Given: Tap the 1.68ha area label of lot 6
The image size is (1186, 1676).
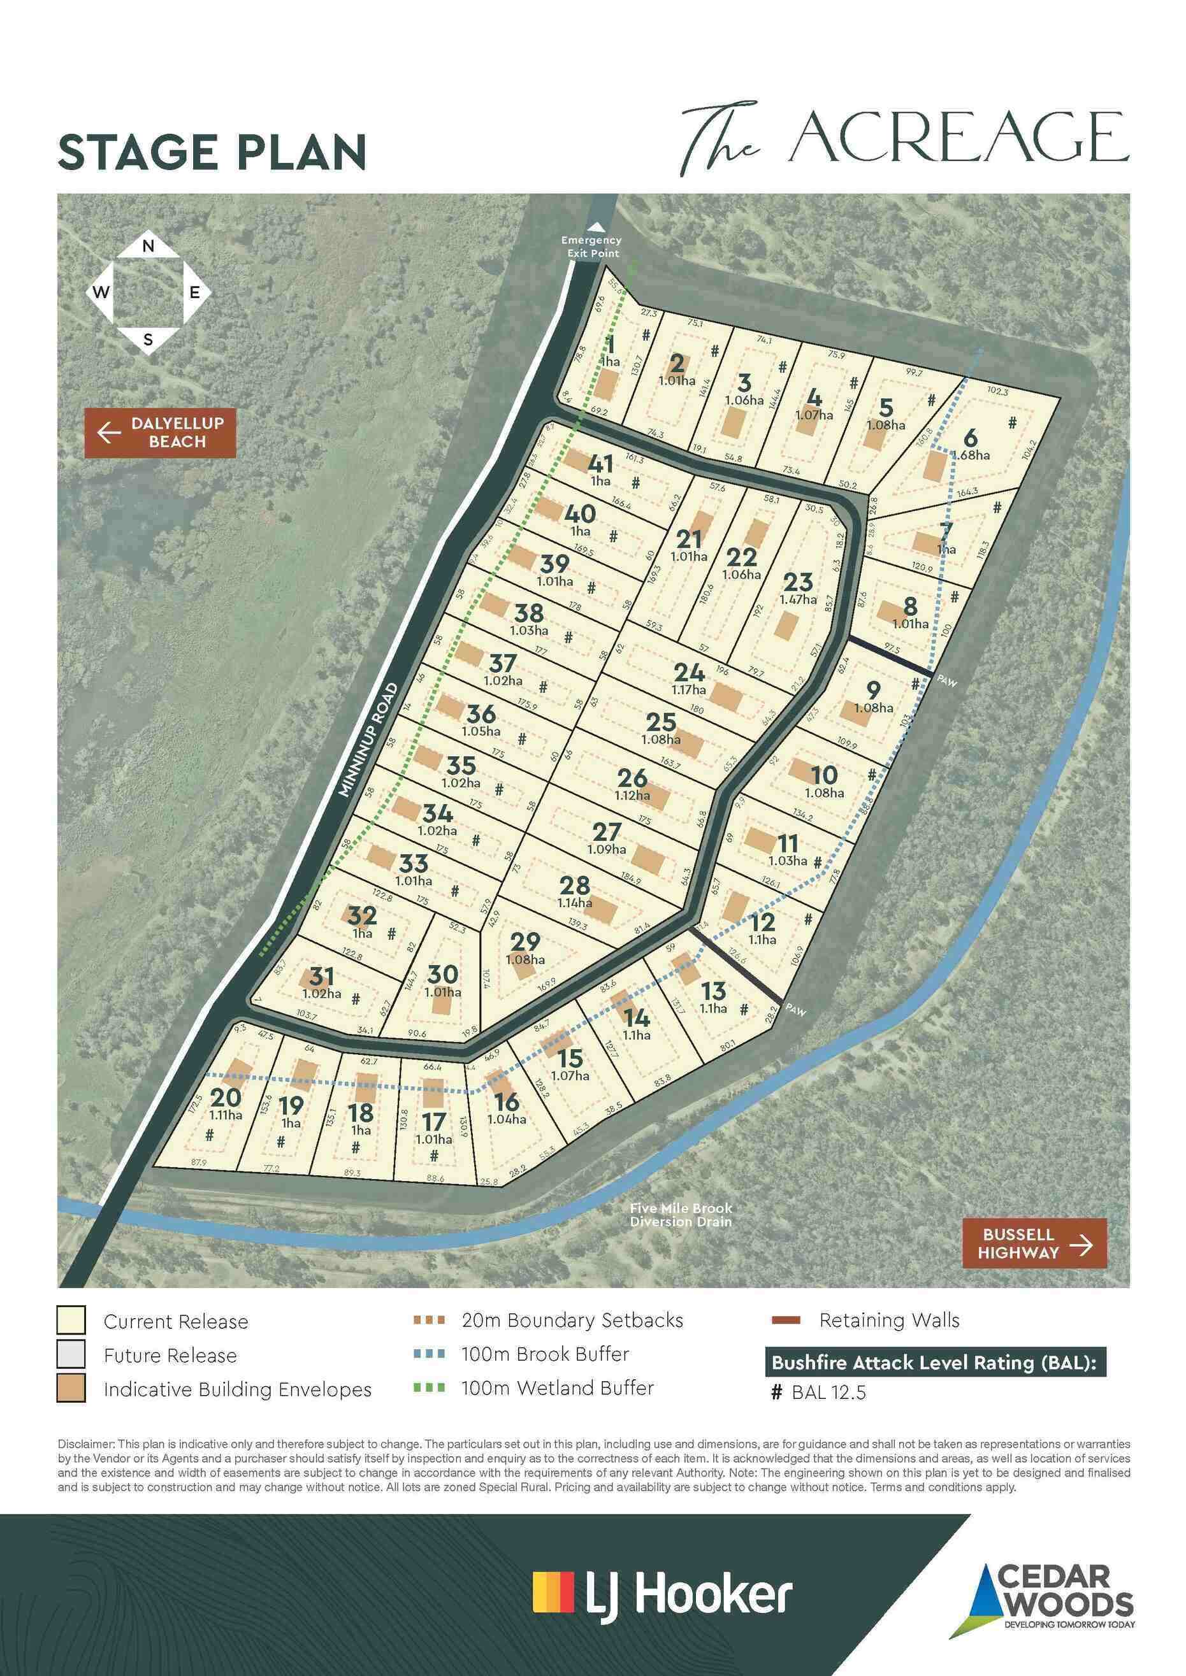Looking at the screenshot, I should click(x=971, y=455).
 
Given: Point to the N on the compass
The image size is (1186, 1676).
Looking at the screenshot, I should click(x=148, y=247).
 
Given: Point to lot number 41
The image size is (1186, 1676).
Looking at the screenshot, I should click(x=600, y=464).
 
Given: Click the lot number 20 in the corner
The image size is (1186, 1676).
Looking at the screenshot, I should click(x=225, y=1097).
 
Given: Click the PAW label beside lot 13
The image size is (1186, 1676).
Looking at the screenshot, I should click(x=795, y=1011).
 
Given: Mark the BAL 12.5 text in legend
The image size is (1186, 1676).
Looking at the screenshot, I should click(x=828, y=1393).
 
